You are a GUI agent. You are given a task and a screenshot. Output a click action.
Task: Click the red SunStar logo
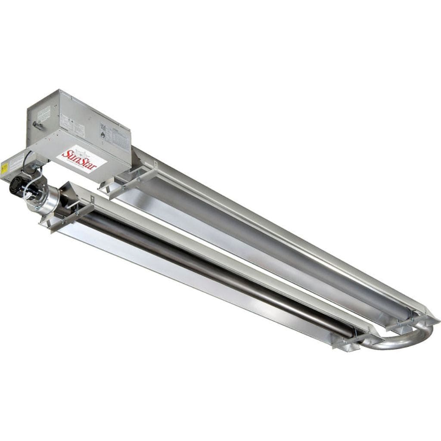tap(78, 159)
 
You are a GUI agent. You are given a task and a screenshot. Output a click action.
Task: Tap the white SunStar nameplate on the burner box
tap(81, 160)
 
